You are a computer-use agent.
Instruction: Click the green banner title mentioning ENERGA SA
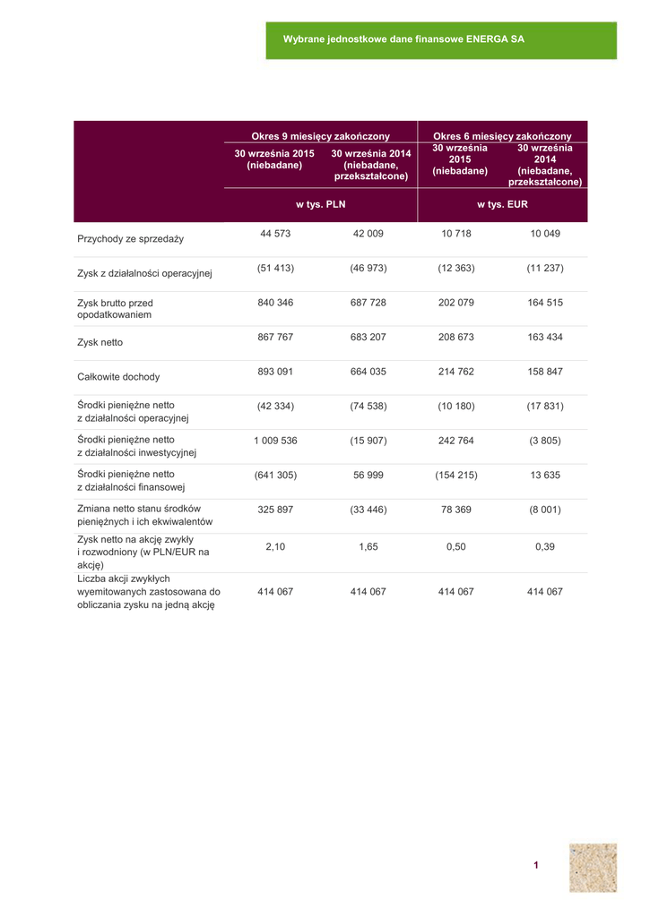coord(403,40)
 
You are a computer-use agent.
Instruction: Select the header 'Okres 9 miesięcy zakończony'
coord(320,136)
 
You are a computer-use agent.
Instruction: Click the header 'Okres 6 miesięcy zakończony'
coord(502,136)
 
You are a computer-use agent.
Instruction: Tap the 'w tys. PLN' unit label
coord(320,205)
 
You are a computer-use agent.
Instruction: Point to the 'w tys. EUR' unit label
coord(502,205)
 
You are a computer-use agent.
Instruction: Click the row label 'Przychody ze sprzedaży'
coord(130,239)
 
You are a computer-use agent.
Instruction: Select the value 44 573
coord(275,234)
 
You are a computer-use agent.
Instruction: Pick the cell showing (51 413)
coord(275,269)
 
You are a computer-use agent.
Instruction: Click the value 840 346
coord(275,303)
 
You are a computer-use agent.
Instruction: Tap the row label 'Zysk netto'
coord(100,343)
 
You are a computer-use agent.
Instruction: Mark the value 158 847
coord(545,372)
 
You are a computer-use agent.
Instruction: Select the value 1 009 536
coord(275,441)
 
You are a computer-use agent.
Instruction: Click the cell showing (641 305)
coord(275,475)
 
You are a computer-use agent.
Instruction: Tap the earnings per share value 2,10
coord(275,547)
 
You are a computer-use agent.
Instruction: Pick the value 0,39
coord(545,547)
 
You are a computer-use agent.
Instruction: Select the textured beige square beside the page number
coord(593,867)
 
